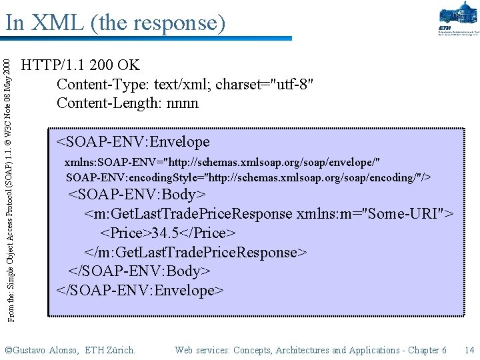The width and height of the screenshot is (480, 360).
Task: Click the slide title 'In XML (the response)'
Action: pyautogui.click(x=115, y=23)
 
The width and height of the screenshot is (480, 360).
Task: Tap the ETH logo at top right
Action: pyautogui.click(x=458, y=20)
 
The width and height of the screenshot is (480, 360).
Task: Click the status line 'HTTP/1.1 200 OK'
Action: pyautogui.click(x=81, y=65)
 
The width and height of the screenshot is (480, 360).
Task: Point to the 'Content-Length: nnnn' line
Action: pyautogui.click(x=127, y=103)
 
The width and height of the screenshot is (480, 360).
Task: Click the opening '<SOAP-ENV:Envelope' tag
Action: pyautogui.click(x=133, y=142)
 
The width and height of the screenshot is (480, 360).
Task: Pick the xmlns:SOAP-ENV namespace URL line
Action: pyautogui.click(x=223, y=163)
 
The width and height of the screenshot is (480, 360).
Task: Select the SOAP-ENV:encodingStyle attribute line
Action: pyautogui.click(x=248, y=177)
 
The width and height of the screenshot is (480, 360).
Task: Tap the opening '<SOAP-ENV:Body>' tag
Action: pyautogui.click(x=138, y=195)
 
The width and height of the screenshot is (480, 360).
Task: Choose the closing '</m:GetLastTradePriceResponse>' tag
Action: pyautogui.click(x=196, y=253)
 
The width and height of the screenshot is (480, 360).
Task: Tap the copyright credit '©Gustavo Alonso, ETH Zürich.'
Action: pyautogui.click(x=70, y=350)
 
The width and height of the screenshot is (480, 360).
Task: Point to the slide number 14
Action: pyautogui.click(x=469, y=350)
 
